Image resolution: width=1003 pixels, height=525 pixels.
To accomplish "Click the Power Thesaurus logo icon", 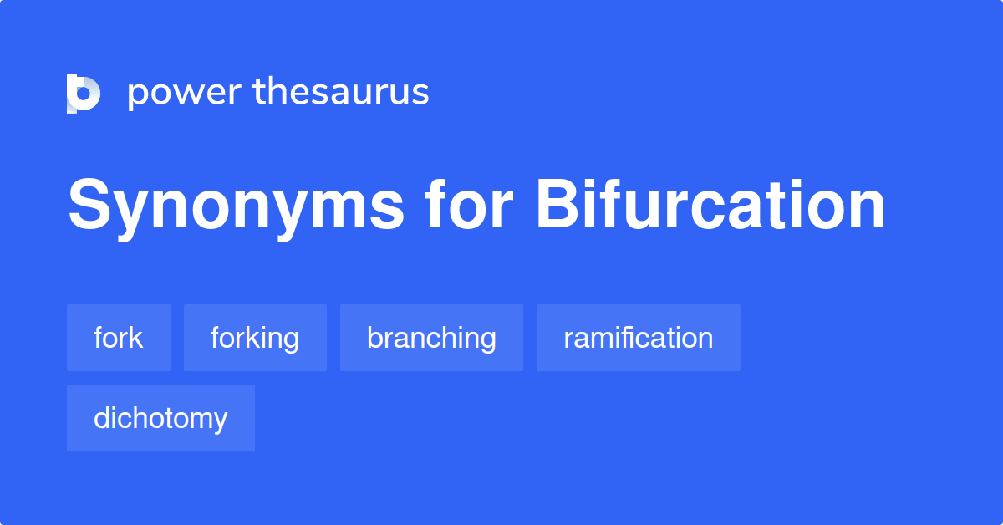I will (84, 93).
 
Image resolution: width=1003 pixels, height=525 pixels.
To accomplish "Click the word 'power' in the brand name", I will (185, 93).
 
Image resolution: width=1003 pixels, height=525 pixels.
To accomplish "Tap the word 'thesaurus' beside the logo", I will (341, 92).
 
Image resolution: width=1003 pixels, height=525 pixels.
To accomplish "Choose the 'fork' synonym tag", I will (119, 338).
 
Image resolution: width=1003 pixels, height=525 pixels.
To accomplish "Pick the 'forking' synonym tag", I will (255, 338).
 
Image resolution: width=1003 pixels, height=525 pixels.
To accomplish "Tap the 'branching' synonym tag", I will (431, 338).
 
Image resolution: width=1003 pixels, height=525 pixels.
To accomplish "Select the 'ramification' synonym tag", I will (639, 338).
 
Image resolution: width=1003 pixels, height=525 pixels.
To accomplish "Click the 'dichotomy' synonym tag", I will (160, 418).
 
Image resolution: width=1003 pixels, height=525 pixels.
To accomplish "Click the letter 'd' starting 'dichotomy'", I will (101, 418).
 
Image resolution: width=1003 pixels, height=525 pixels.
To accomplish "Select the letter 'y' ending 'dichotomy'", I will (221, 421).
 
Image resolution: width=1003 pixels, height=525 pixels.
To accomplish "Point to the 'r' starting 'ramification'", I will (568, 339).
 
